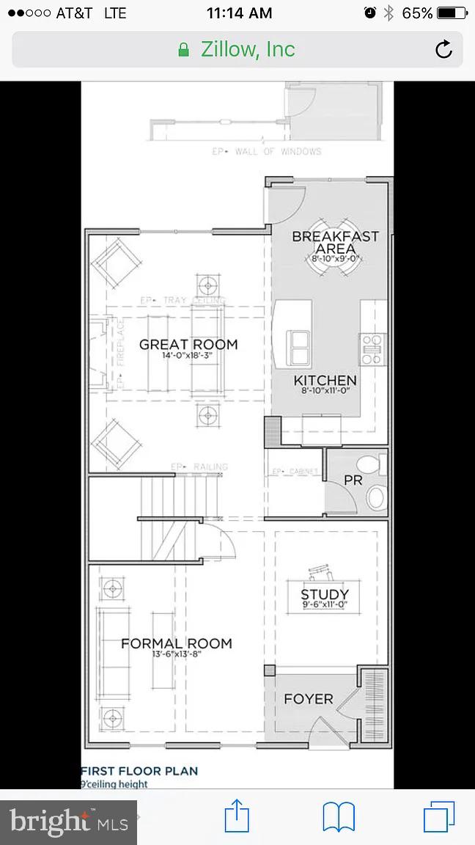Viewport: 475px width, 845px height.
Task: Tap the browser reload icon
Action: pos(443,50)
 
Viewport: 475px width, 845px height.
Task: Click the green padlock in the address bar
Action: pos(184,50)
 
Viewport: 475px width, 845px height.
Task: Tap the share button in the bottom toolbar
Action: pos(237,816)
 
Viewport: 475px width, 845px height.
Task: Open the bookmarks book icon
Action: pos(339,816)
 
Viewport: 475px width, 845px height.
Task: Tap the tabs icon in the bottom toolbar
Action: pos(439,816)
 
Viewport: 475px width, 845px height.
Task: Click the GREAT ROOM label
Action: pos(188,344)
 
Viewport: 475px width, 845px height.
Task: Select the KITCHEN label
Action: pos(325,380)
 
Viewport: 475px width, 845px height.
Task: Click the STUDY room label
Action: pos(325,594)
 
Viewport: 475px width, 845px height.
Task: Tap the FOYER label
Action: pos(308,699)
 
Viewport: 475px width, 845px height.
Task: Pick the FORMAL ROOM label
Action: pos(176,643)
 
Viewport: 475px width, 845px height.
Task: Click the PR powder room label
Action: pos(353,480)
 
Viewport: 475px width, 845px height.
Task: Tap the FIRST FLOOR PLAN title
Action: pos(139,771)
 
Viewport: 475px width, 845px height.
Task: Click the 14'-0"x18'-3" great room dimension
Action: pos(188,356)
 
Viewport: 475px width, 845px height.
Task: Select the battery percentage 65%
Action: pos(417,13)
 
